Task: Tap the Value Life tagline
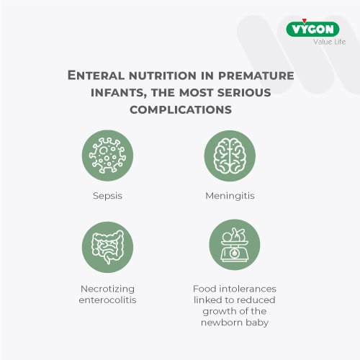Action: tap(329, 42)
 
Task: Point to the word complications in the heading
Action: tap(180, 109)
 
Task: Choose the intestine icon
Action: tap(107, 247)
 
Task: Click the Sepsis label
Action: tap(107, 195)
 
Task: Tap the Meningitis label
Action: tap(230, 195)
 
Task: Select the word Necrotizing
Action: tap(107, 288)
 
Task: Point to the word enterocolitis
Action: tap(107, 299)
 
